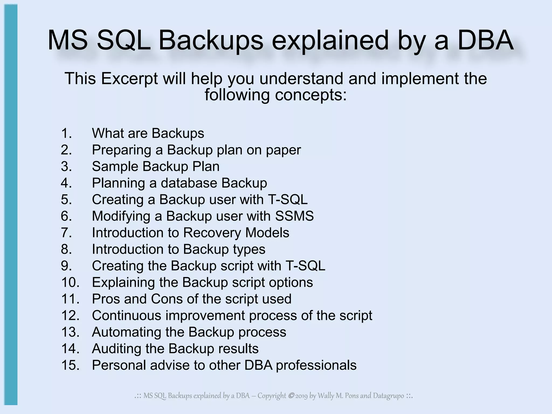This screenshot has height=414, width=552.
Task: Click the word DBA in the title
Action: click(485, 40)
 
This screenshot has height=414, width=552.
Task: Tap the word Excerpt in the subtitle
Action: click(129, 79)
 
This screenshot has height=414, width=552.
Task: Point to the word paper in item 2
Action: click(283, 150)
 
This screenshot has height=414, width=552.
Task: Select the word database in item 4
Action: click(189, 183)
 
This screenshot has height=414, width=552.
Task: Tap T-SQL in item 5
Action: click(288, 199)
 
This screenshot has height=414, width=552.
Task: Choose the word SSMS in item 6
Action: click(294, 216)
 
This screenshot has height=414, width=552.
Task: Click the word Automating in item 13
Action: click(126, 332)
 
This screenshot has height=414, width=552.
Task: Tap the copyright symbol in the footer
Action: click(291, 396)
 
